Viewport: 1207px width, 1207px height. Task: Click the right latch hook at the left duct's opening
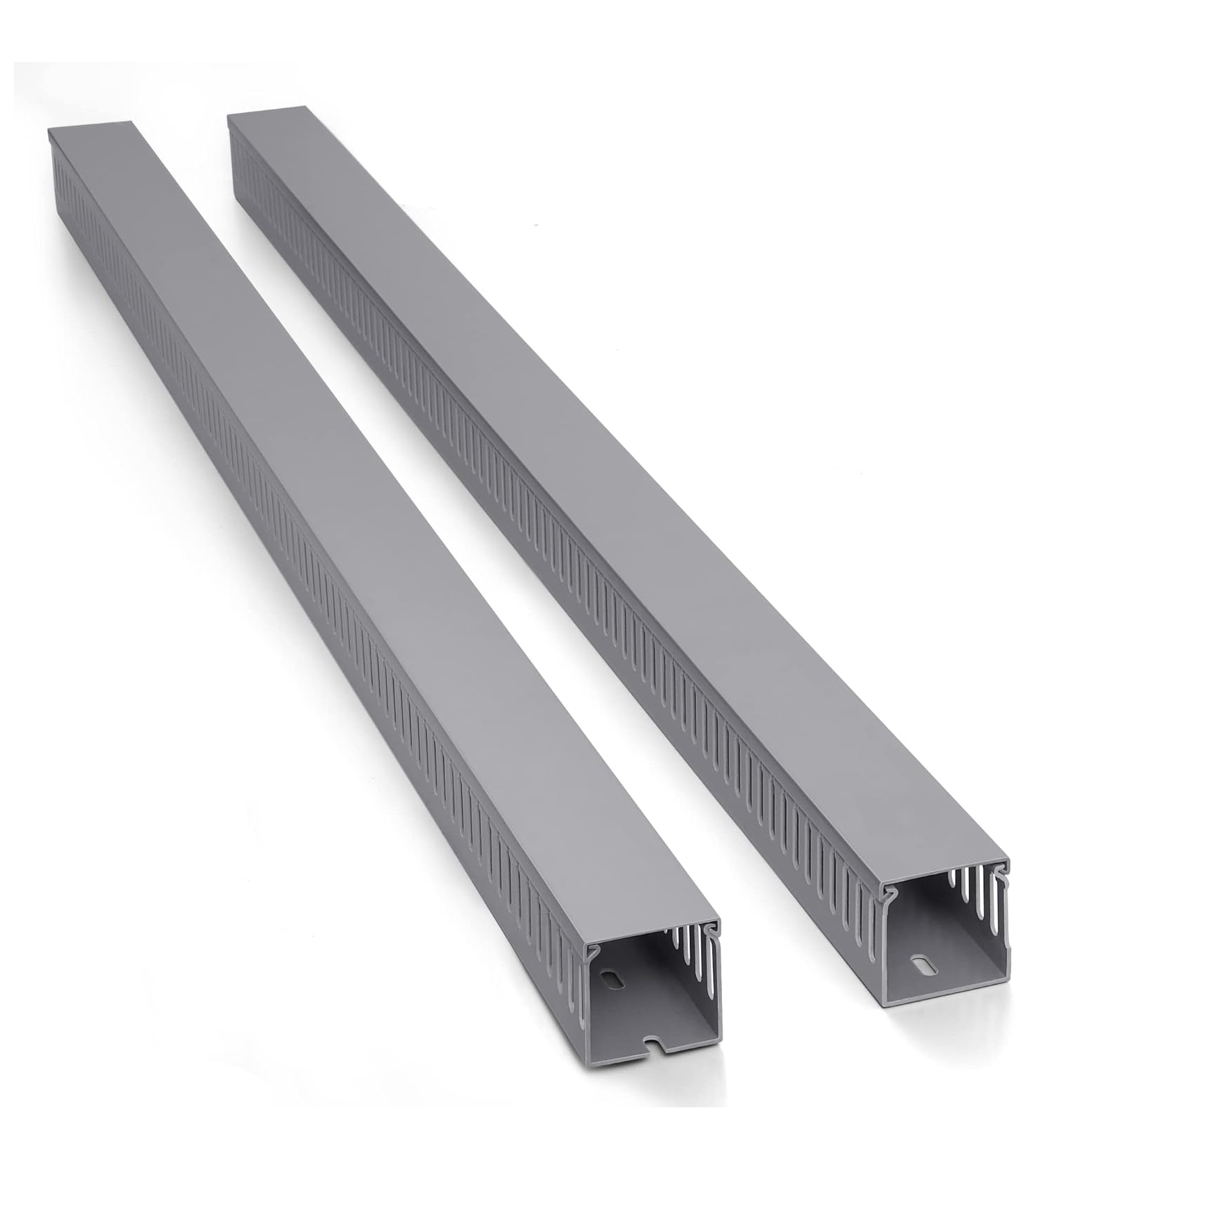pos(711,926)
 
